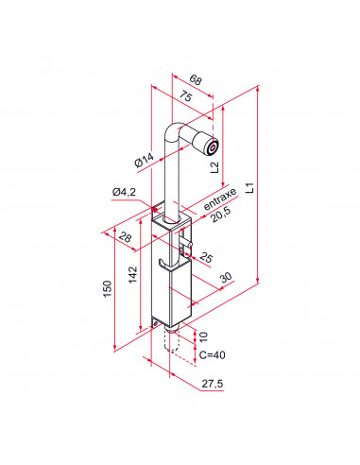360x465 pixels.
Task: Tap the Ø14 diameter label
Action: click(145, 159)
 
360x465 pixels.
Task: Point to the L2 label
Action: click(215, 167)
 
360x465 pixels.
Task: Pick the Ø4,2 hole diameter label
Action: click(125, 193)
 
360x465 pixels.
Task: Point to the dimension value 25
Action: click(206, 257)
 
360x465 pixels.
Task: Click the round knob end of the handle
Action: click(209, 147)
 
